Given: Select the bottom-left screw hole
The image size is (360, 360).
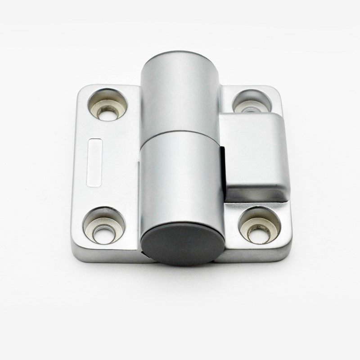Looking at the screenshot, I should [104, 225].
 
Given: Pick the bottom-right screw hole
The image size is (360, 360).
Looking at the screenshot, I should [259, 225].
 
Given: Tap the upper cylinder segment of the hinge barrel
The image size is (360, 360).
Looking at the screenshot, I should [180, 94].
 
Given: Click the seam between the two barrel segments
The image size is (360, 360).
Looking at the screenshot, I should [180, 132].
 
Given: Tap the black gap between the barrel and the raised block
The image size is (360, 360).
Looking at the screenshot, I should [223, 171].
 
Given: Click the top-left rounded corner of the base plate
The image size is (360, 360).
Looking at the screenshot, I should [81, 90].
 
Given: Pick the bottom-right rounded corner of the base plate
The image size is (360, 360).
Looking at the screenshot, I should [286, 255].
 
